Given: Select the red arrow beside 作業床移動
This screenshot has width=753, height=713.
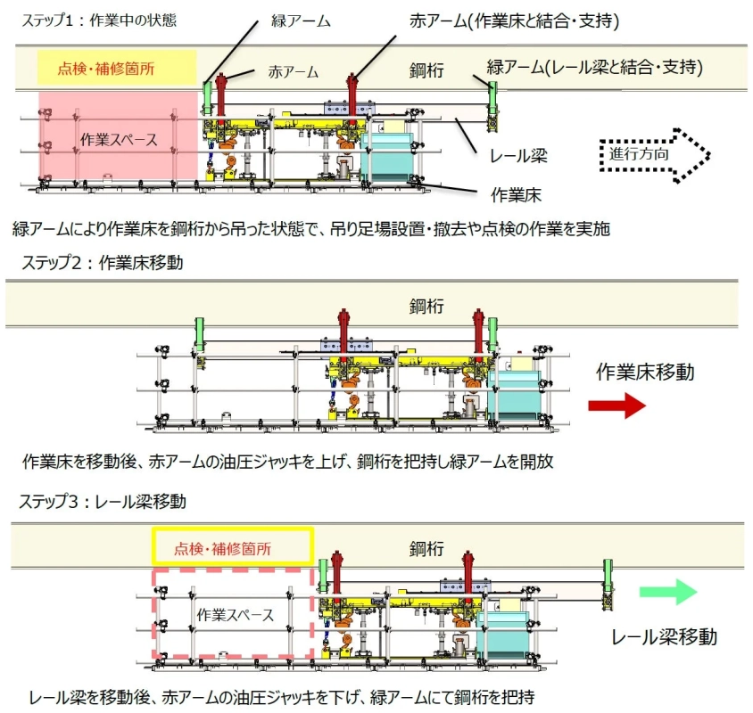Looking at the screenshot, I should tap(616, 406).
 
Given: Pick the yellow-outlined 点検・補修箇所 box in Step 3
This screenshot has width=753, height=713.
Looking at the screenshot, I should tap(233, 546).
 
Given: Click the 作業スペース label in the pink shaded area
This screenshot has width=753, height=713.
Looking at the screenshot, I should tap(118, 139).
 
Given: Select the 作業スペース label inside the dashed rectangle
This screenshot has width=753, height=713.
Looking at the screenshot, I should tap(235, 614).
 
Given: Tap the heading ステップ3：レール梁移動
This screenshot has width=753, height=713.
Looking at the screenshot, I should tap(102, 501).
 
